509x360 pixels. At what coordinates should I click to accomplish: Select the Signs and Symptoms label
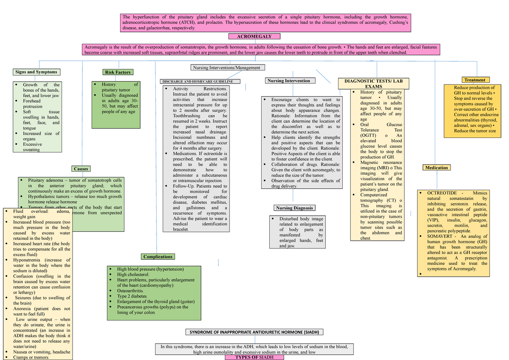(x=36, y=72)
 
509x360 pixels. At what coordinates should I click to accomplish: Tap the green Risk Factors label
(x=117, y=72)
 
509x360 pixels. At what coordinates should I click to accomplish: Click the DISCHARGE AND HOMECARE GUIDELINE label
(x=200, y=82)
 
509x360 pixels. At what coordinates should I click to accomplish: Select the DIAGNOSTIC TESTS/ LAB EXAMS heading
(x=374, y=84)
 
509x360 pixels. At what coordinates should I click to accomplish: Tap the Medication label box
(x=436, y=168)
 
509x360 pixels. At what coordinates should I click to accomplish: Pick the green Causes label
(x=81, y=169)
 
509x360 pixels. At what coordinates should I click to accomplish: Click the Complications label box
(x=158, y=257)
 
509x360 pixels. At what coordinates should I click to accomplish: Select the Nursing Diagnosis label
(x=294, y=208)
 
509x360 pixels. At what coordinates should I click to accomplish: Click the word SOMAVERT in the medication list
(x=441, y=236)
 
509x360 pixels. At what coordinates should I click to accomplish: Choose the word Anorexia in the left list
(x=25, y=309)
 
